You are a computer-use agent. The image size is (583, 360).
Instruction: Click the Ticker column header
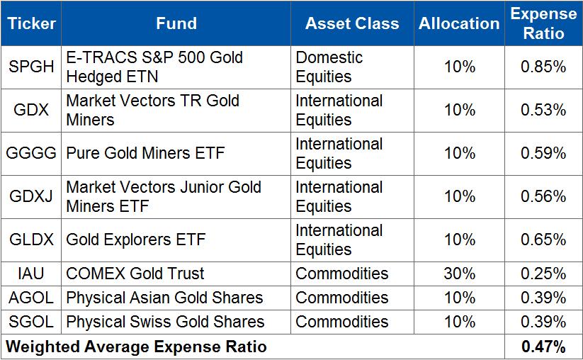point(31,24)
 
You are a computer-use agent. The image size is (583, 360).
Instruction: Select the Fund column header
point(176,24)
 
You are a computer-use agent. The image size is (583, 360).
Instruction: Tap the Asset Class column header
point(353,24)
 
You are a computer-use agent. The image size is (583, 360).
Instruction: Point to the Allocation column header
point(459,24)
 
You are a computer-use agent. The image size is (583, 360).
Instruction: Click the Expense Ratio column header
point(543,23)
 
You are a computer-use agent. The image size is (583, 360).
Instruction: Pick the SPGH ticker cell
point(31,67)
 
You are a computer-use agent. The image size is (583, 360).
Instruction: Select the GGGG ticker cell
point(31,154)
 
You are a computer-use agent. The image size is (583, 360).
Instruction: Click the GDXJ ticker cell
point(31,197)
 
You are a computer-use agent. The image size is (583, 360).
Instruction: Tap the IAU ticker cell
point(31,274)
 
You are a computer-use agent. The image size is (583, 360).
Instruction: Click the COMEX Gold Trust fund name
point(135,274)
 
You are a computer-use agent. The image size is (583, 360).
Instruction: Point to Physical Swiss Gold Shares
point(165,322)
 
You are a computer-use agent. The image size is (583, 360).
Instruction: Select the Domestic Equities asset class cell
point(329,67)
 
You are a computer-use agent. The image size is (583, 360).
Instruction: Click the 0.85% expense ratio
point(543,67)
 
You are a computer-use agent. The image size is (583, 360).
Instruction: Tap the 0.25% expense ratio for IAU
point(543,274)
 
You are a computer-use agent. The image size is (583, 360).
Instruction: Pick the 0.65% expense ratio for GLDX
point(543,240)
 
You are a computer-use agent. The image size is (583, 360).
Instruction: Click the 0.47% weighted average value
point(543,347)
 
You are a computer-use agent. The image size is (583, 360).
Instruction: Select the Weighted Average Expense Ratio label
point(137,347)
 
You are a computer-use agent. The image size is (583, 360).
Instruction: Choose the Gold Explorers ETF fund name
point(135,240)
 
